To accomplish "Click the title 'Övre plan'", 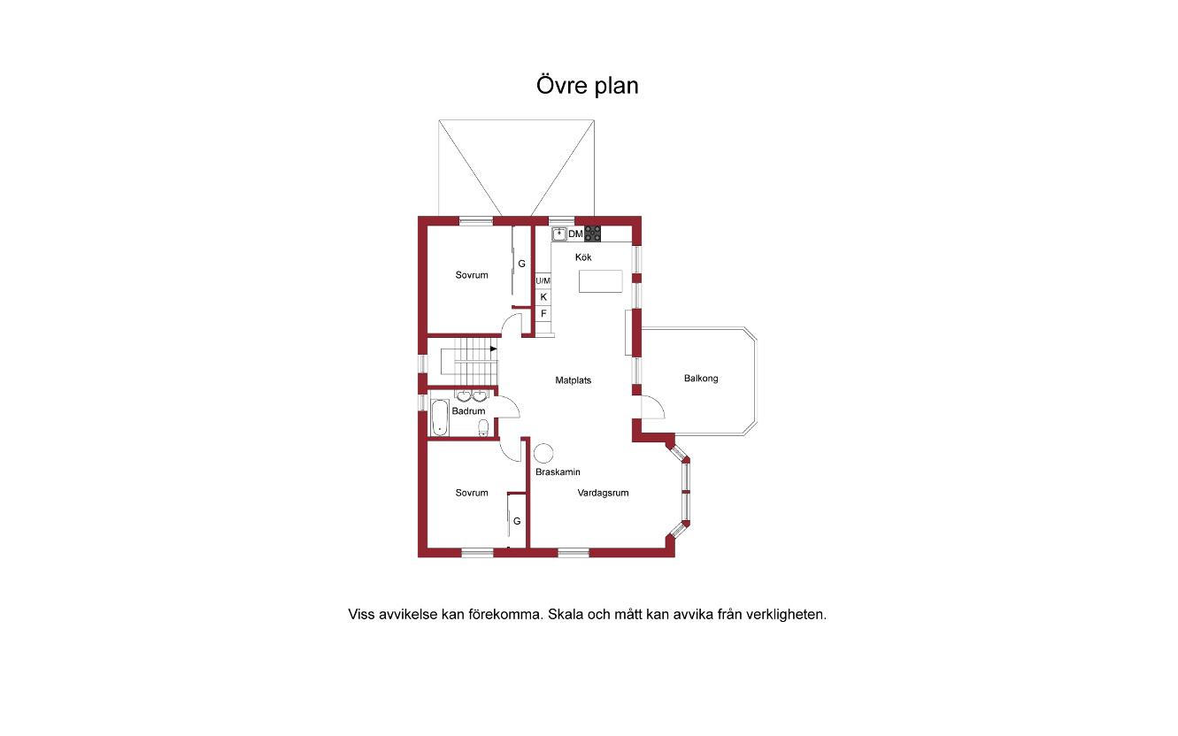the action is tap(588, 86).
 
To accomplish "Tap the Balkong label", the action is tap(701, 378).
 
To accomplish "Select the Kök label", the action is tap(583, 257).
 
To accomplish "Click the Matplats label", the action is tap(574, 380).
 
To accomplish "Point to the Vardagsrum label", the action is tap(604, 493).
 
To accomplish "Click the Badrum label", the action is tap(468, 410).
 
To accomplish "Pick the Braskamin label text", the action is tap(558, 471).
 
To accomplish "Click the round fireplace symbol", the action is tap(543, 453).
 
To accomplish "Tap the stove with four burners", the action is tap(593, 234).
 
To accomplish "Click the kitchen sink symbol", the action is tap(559, 234).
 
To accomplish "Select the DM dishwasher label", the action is tap(575, 234).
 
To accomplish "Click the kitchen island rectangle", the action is tap(601, 281).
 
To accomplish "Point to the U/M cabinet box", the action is tap(543, 280).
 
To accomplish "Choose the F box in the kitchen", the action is tap(543, 313).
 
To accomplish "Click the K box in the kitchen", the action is tap(543, 297).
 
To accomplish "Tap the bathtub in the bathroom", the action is tap(440, 418).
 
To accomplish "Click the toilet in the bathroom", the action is tap(483, 428).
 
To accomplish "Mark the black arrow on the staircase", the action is tap(493, 349).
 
